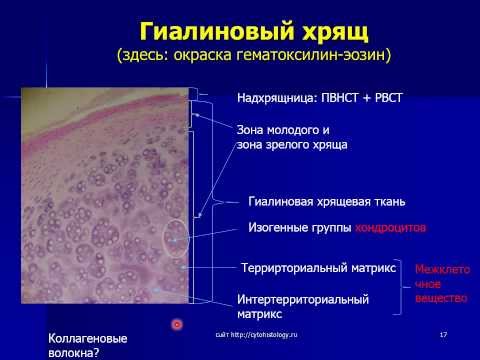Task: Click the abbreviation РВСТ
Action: pos(395,100)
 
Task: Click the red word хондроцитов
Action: pos(391,228)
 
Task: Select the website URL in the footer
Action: pos(258,332)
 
